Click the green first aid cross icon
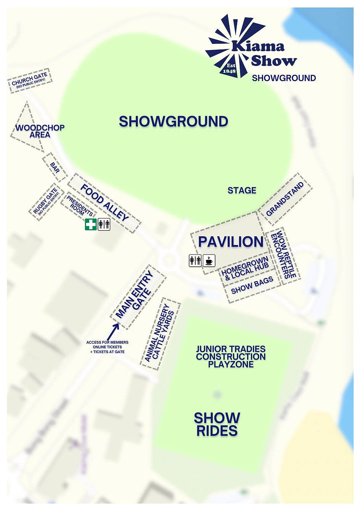(90, 224)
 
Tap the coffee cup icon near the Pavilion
(209, 260)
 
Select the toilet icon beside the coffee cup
(195, 260)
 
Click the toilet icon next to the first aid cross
(104, 224)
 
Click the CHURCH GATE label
(30, 81)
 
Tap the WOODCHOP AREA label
(40, 131)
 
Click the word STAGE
(242, 190)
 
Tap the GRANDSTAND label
(285, 198)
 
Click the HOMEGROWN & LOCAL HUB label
(246, 268)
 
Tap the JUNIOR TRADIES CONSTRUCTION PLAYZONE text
(231, 357)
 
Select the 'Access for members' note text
(107, 347)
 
